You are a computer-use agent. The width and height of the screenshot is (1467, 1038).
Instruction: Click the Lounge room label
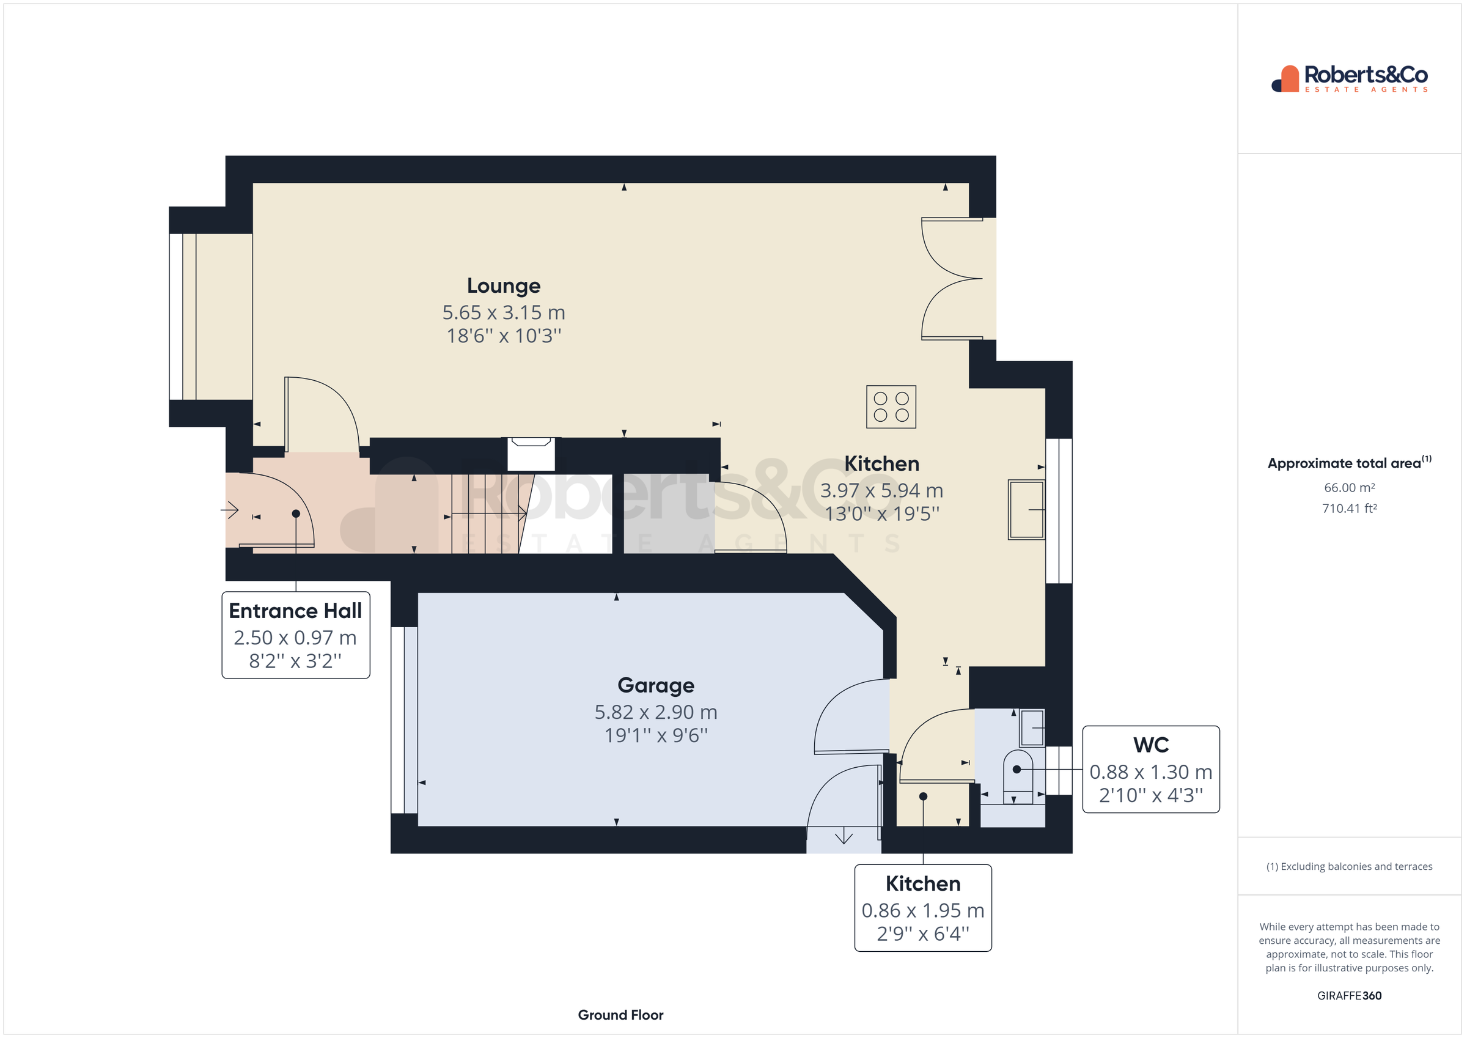point(504,285)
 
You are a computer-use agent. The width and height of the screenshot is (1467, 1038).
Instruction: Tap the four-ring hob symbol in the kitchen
point(891,407)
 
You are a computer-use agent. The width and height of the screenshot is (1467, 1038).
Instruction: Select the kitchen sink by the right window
point(1026,509)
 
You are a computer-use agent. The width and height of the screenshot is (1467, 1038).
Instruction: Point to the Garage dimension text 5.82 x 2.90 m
point(655,712)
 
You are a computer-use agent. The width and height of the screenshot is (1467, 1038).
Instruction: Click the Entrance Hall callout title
point(295,611)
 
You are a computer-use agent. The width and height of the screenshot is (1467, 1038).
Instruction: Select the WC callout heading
point(1151,745)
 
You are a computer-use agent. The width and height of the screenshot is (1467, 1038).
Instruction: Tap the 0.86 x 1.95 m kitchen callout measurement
point(922,910)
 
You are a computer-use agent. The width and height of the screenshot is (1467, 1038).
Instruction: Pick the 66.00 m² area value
point(1349,488)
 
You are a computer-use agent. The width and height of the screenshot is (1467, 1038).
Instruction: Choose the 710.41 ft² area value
point(1349,509)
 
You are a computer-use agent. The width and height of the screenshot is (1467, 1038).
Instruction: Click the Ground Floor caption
point(620,1015)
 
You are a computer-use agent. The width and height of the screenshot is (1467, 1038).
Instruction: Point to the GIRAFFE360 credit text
point(1349,996)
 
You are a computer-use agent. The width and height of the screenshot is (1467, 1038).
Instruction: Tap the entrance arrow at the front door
point(230,510)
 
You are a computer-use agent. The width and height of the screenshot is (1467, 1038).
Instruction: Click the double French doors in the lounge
point(952,279)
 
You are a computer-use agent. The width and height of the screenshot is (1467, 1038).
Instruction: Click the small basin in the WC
point(1032,727)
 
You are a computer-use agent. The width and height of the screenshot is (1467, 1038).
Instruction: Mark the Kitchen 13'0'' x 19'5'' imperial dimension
point(882,514)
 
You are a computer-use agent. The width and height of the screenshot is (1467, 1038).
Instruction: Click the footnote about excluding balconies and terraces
point(1349,867)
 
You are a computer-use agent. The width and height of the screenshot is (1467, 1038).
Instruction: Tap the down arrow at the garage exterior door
point(844,836)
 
